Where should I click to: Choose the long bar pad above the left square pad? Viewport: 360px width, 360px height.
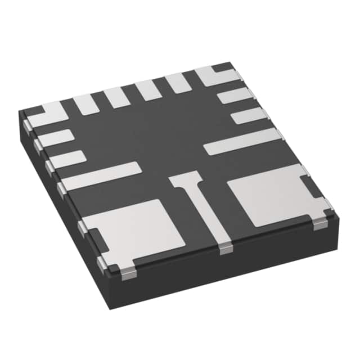[101, 175]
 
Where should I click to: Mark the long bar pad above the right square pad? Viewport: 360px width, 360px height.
[242, 142]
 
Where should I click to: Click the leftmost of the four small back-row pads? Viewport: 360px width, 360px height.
[86, 105]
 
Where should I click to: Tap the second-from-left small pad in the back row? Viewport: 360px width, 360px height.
[117, 97]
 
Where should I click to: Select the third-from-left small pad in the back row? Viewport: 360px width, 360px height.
[148, 90]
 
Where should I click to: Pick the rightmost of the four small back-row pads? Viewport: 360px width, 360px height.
[178, 83]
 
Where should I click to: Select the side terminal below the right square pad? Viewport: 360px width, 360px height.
[319, 224]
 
